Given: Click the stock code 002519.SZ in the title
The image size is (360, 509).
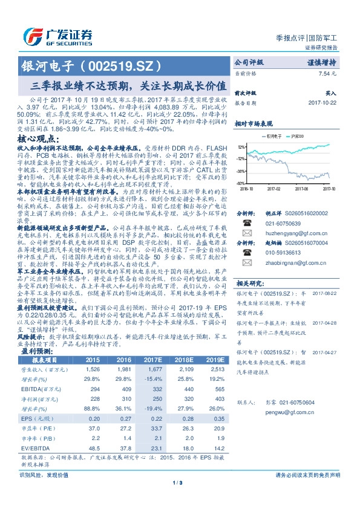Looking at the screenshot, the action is coord(127,65).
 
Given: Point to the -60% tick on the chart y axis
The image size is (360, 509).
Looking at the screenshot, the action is coord(240,183).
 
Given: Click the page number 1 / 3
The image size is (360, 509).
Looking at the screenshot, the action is coord(179,499).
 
